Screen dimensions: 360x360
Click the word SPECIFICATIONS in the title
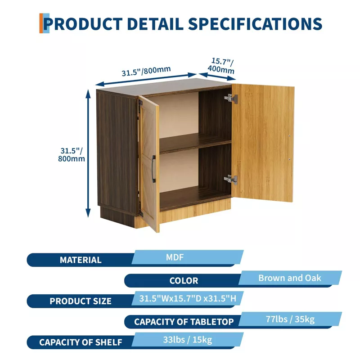255,24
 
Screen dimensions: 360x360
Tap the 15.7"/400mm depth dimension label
221,66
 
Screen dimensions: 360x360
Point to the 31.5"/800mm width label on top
146,71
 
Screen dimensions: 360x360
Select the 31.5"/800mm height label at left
72,154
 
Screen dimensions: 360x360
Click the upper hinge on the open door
231,98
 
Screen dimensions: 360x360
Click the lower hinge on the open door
231,179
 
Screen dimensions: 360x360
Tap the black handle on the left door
153,169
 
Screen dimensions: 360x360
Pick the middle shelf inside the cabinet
195,143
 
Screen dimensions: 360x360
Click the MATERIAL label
81,260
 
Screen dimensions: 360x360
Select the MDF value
175,257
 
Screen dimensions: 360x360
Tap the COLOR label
184,280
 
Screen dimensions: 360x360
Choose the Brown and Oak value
290,278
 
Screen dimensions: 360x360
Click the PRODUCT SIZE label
81,301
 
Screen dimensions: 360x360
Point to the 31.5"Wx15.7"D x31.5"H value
188,298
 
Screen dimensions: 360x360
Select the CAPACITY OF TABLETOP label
184,322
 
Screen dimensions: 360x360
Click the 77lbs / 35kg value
290,319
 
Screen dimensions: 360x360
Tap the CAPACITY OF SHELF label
81,342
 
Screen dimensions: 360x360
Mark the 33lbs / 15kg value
188,340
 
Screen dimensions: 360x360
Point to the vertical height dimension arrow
88,153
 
